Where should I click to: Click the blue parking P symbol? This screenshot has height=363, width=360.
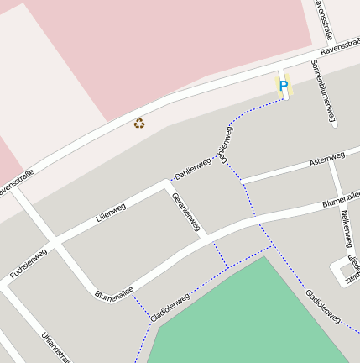283,85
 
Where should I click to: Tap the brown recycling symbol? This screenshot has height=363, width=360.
139,124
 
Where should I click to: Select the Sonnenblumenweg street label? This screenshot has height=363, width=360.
323,92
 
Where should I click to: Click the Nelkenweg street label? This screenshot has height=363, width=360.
345,228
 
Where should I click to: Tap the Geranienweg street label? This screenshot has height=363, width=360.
186,212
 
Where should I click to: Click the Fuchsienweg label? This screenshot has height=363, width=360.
28,263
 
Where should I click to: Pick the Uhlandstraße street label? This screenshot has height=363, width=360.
55,346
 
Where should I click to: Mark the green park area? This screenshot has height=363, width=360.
252,319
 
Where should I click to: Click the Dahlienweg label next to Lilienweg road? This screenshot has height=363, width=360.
191,171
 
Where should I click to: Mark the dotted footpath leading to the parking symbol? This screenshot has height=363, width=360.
252,110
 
